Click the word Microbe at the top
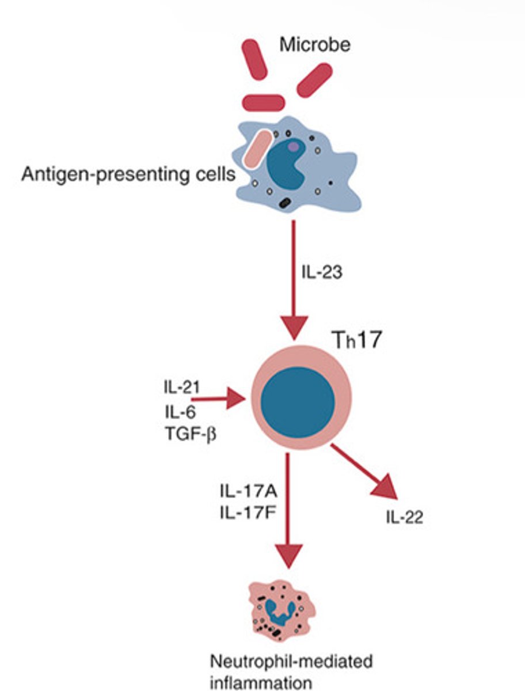click(x=314, y=44)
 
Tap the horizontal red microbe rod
click(x=263, y=103)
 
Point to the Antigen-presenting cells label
click(x=128, y=174)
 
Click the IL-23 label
click(x=322, y=272)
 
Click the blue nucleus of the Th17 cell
click(x=298, y=401)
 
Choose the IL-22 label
click(x=404, y=518)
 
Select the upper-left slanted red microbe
click(x=254, y=59)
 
